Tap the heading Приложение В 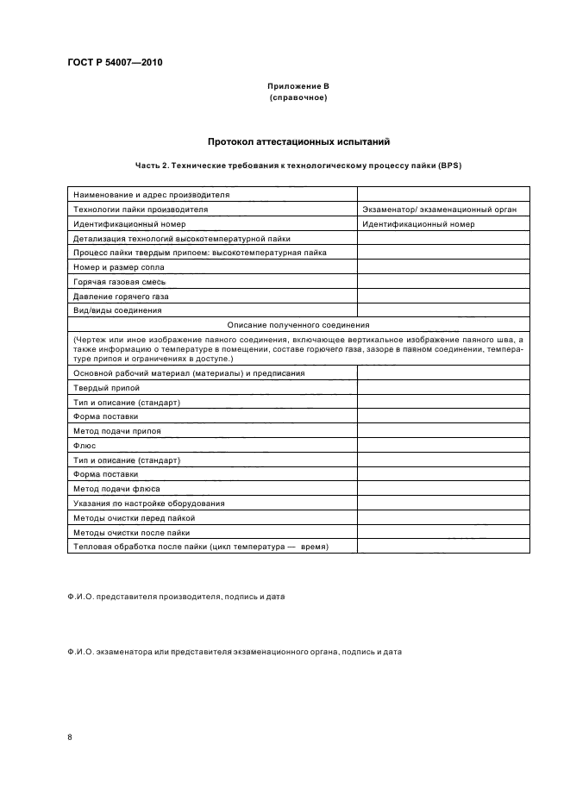pyautogui.click(x=298, y=87)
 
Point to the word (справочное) pyautogui.click(x=298, y=97)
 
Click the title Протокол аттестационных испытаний pyautogui.click(x=298, y=141)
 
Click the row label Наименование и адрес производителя pyautogui.click(x=151, y=195)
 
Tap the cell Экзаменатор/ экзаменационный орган pyautogui.click(x=439, y=210)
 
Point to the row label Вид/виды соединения pyautogui.click(x=117, y=310)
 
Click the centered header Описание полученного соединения pyautogui.click(x=298, y=325)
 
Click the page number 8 pyautogui.click(x=69, y=737)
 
